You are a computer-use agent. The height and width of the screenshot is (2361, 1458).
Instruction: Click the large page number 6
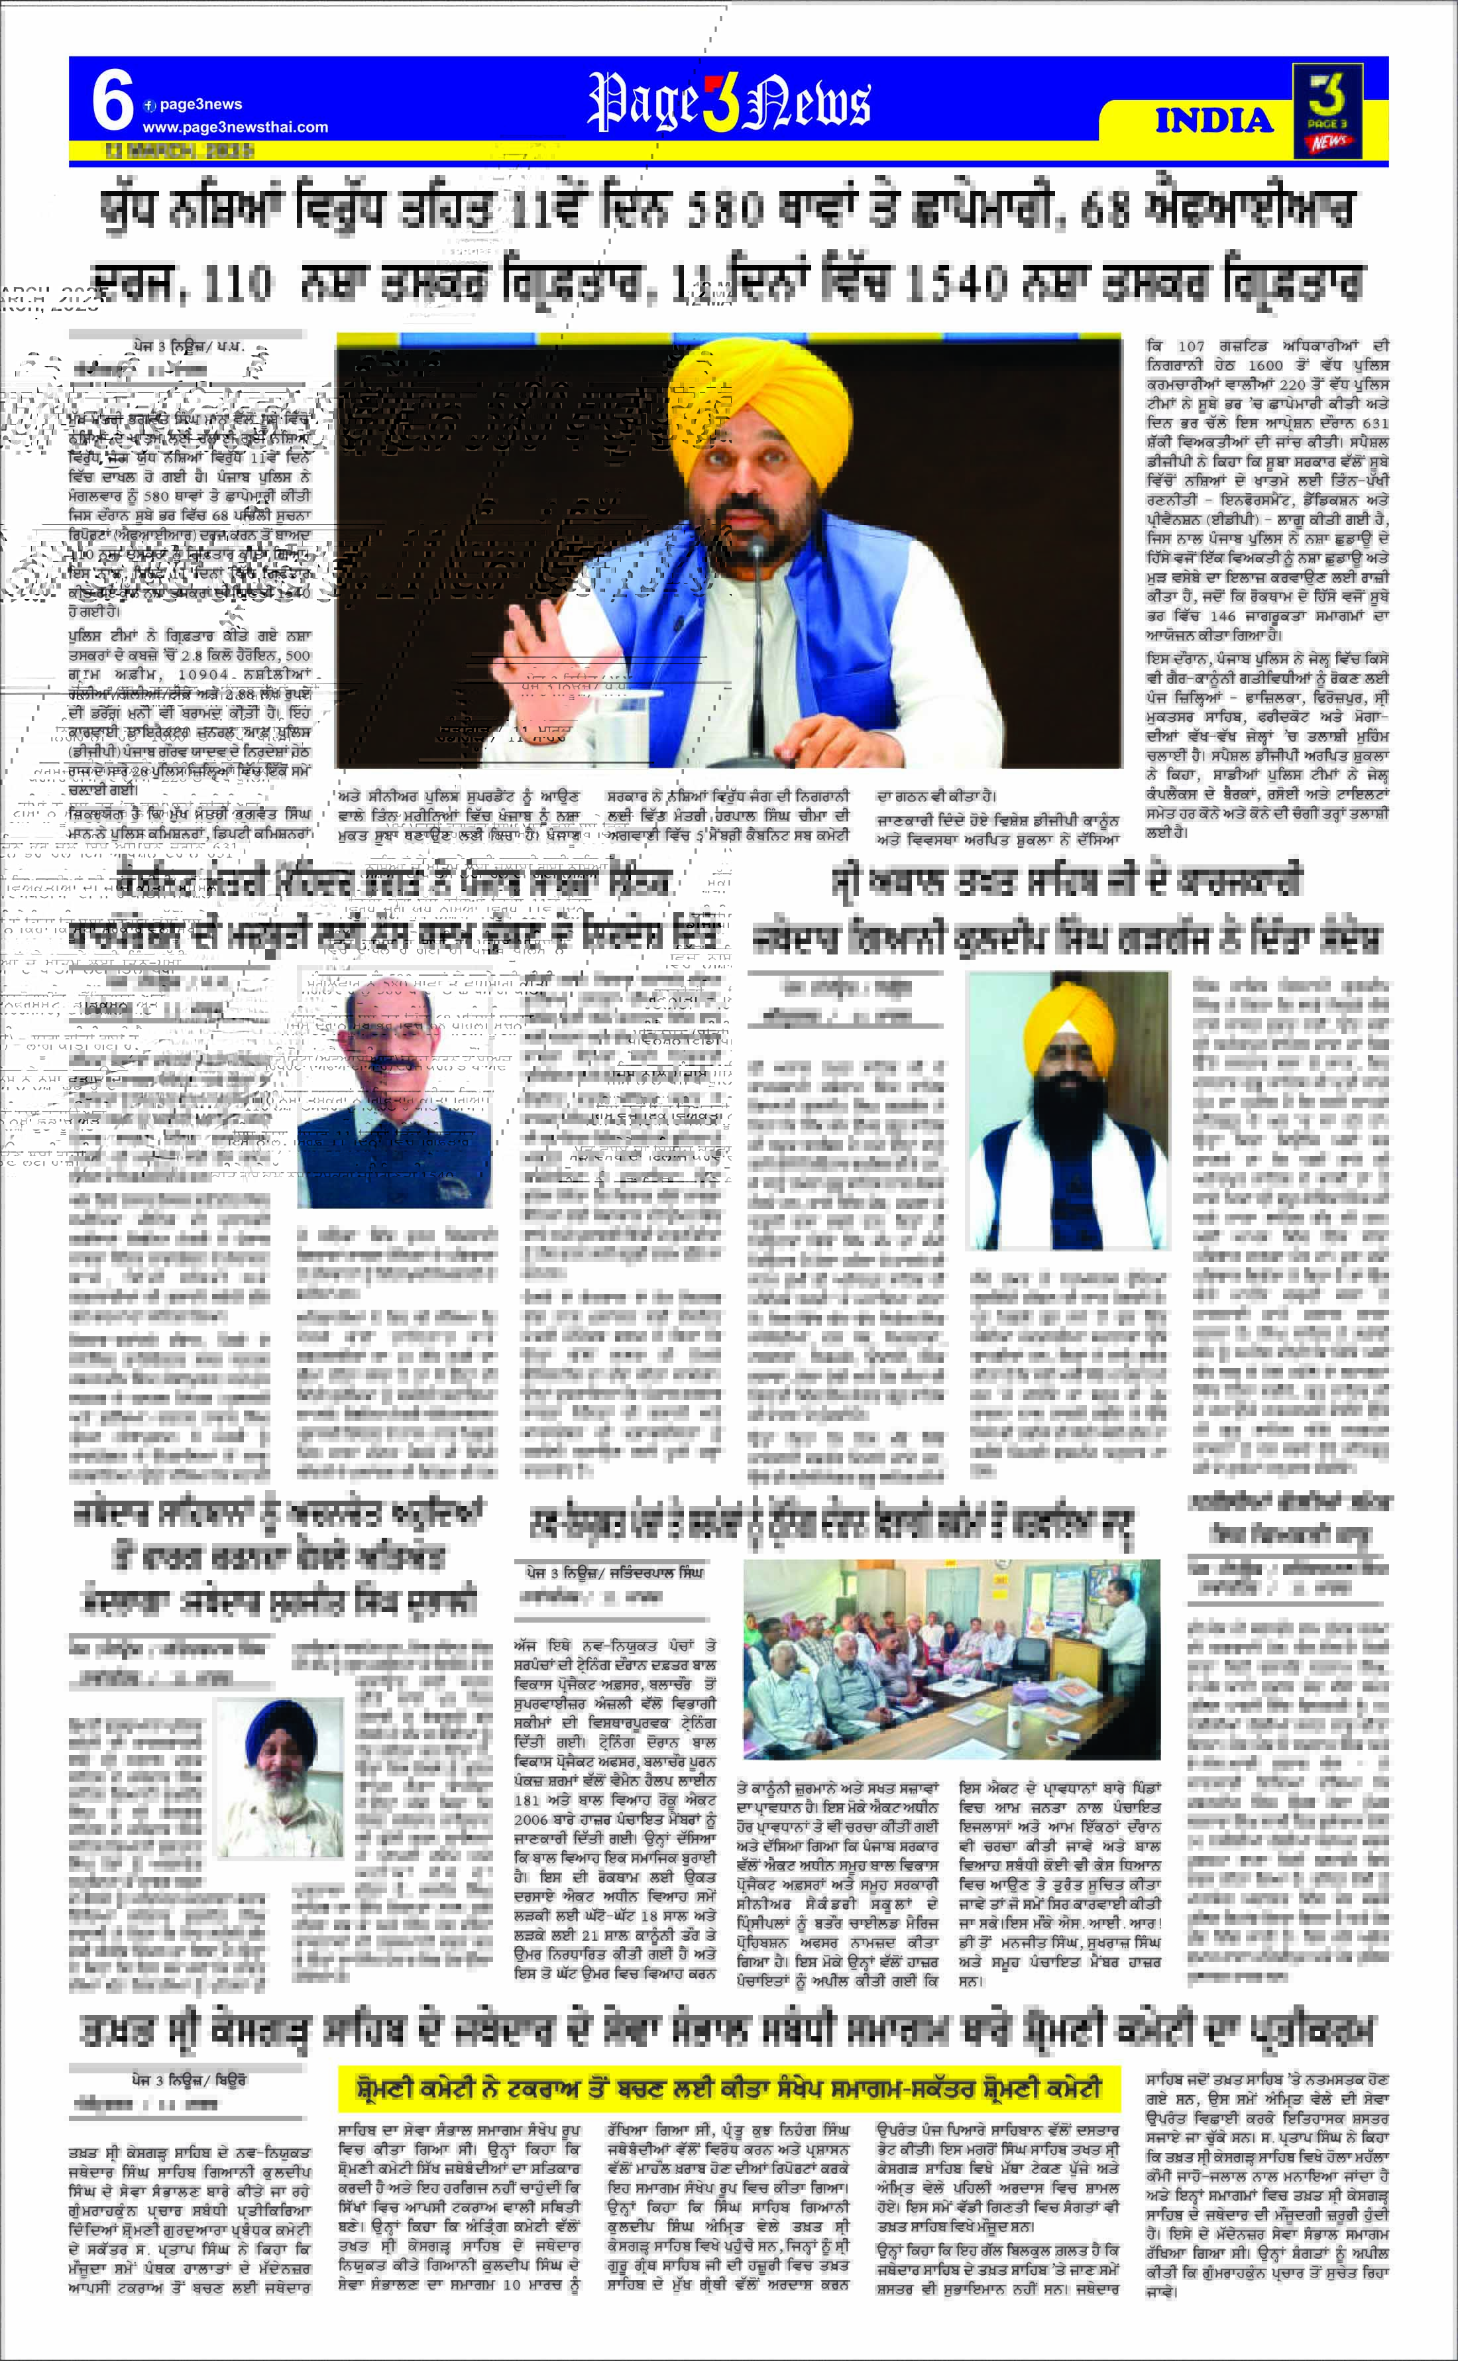tap(112, 101)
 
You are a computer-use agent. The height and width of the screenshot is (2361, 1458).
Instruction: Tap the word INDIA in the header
tap(1214, 121)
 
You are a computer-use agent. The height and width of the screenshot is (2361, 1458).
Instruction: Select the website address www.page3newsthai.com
tap(235, 127)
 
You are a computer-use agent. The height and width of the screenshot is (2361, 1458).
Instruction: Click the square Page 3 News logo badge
tap(1327, 111)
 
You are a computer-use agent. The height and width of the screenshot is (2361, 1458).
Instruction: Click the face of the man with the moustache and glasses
tap(396, 1041)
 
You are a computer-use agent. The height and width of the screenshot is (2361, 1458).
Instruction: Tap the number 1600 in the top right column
tap(1265, 365)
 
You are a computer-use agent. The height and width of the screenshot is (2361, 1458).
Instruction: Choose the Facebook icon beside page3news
tap(150, 105)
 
